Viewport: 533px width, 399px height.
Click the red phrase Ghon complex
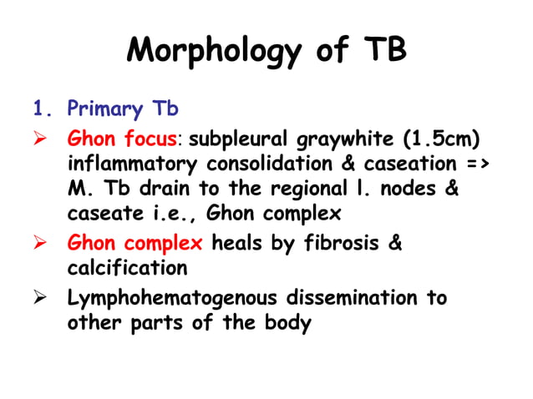pos(135,244)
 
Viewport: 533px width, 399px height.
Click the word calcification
pos(127,270)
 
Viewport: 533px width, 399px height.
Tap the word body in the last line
pos(289,324)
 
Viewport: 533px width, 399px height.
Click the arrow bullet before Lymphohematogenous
pos(39,298)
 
